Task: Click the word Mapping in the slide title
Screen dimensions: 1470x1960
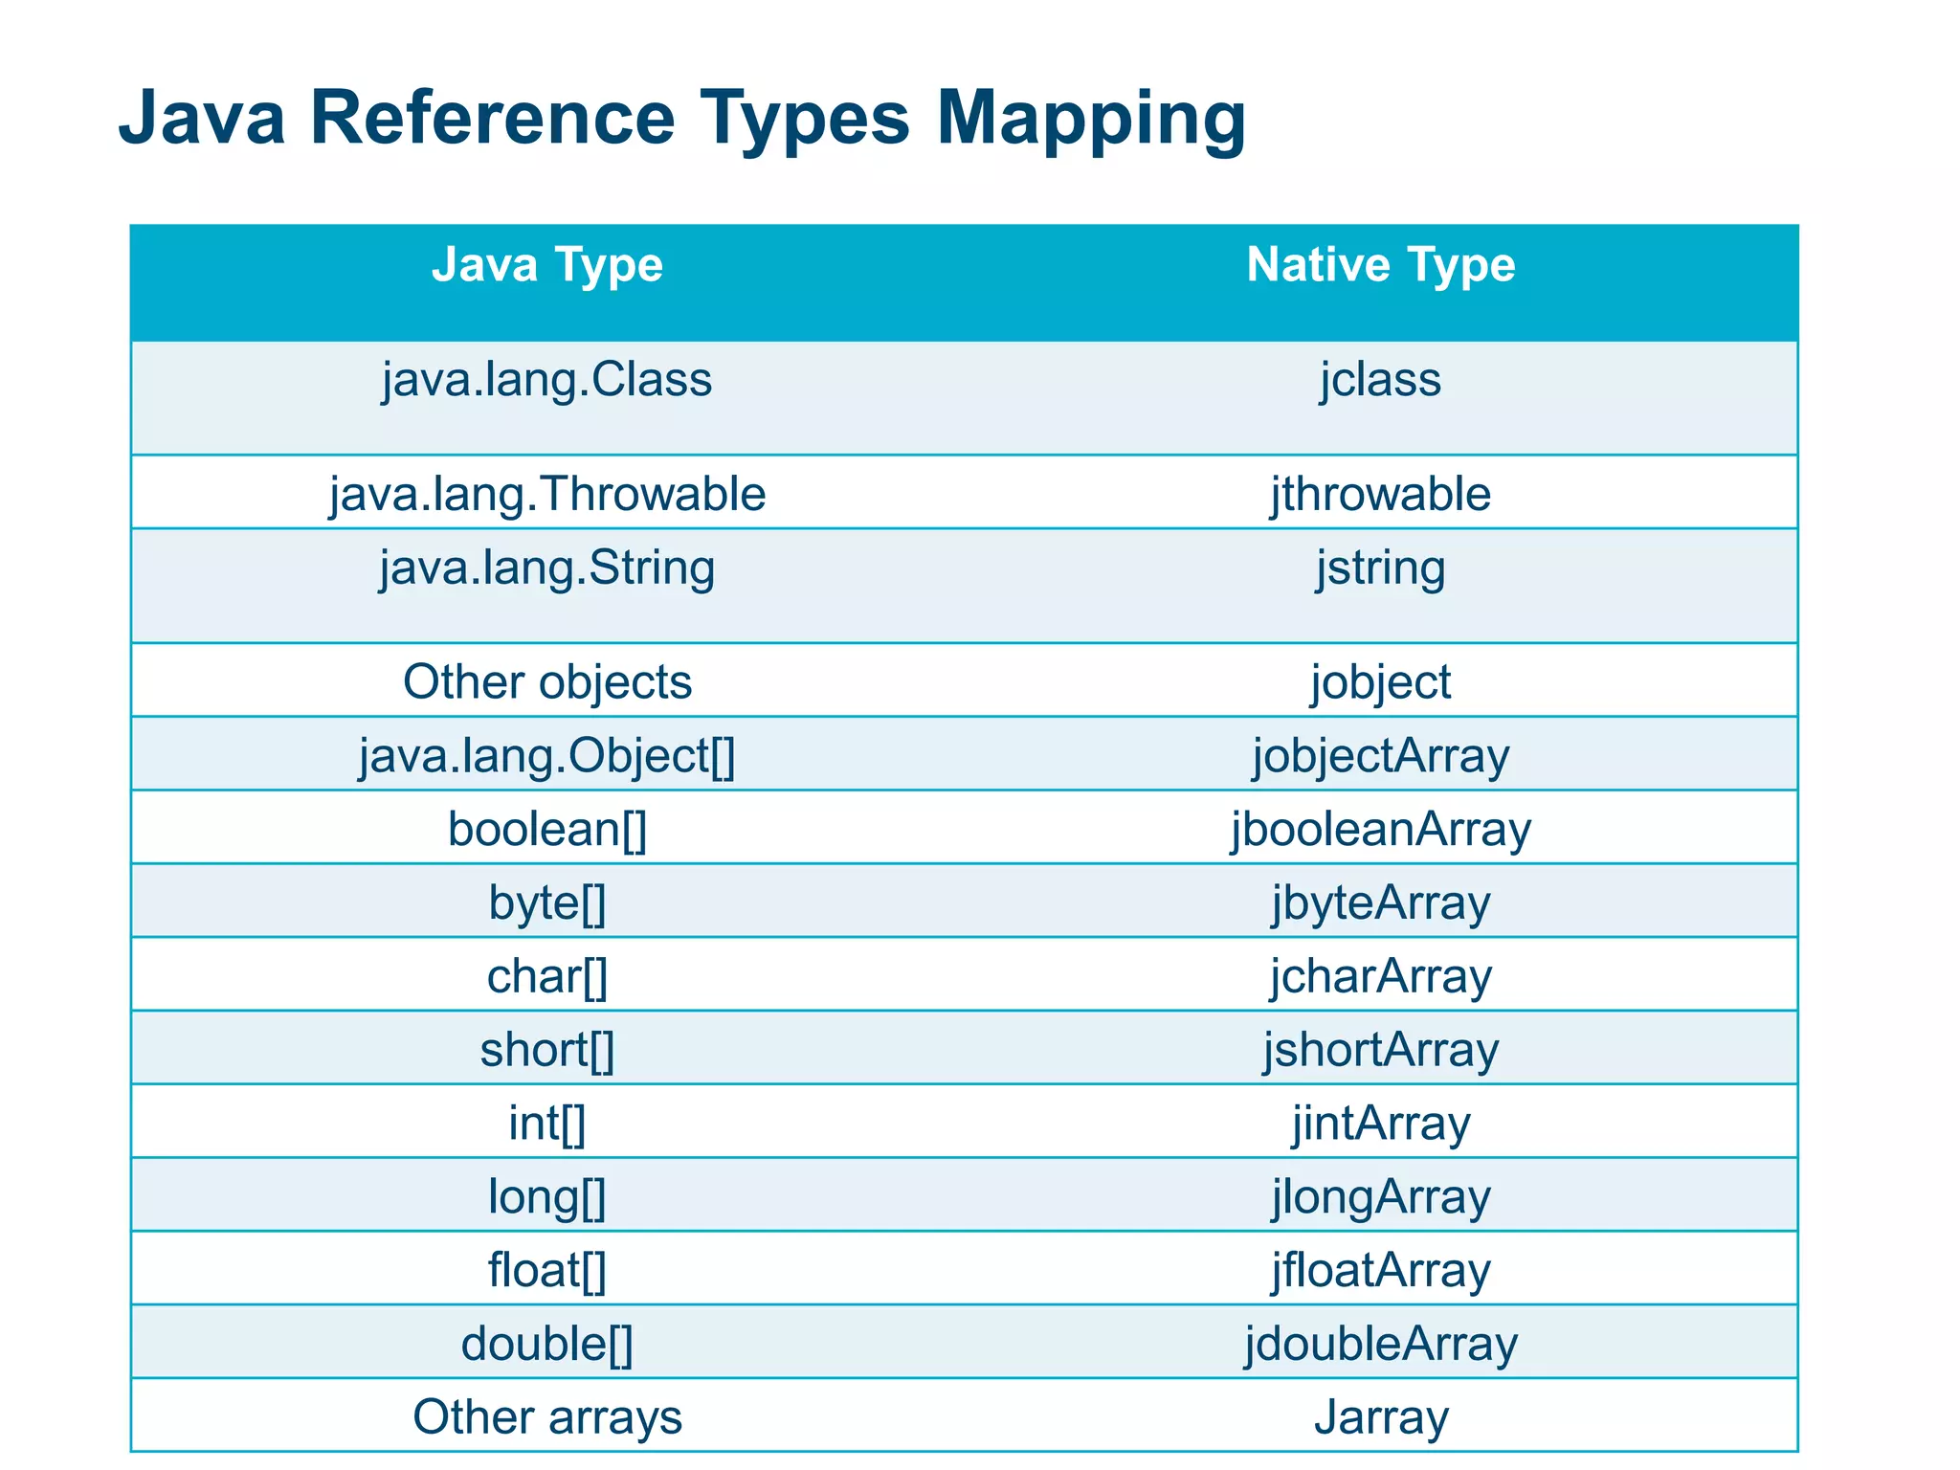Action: coord(1090,120)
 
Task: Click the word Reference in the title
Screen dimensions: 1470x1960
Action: coord(493,118)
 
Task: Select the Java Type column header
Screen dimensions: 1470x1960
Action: coord(547,265)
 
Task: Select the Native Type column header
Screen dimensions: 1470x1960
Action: coord(1380,265)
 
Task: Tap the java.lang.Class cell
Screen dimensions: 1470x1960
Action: coord(547,380)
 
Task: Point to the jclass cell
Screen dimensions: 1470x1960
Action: coord(1380,380)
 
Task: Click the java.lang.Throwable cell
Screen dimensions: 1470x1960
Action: coord(547,495)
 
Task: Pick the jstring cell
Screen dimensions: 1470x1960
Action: coord(1380,568)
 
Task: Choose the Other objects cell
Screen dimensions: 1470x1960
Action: coord(547,682)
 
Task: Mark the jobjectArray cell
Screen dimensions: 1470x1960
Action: coord(1380,756)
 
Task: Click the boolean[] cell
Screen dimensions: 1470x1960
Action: coord(547,829)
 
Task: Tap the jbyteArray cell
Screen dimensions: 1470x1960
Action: coord(1380,902)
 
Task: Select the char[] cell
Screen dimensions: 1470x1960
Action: coord(547,976)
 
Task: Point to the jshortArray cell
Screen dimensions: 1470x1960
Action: coord(1380,1050)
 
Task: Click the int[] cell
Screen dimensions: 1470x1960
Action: coord(547,1123)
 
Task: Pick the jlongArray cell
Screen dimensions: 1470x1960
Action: coord(1380,1196)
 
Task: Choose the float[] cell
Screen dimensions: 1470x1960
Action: coord(547,1270)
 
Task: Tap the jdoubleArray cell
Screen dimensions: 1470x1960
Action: coord(1380,1344)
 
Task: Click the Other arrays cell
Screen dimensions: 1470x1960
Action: coord(547,1416)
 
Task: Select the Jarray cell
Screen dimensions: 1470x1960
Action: coord(1380,1416)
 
